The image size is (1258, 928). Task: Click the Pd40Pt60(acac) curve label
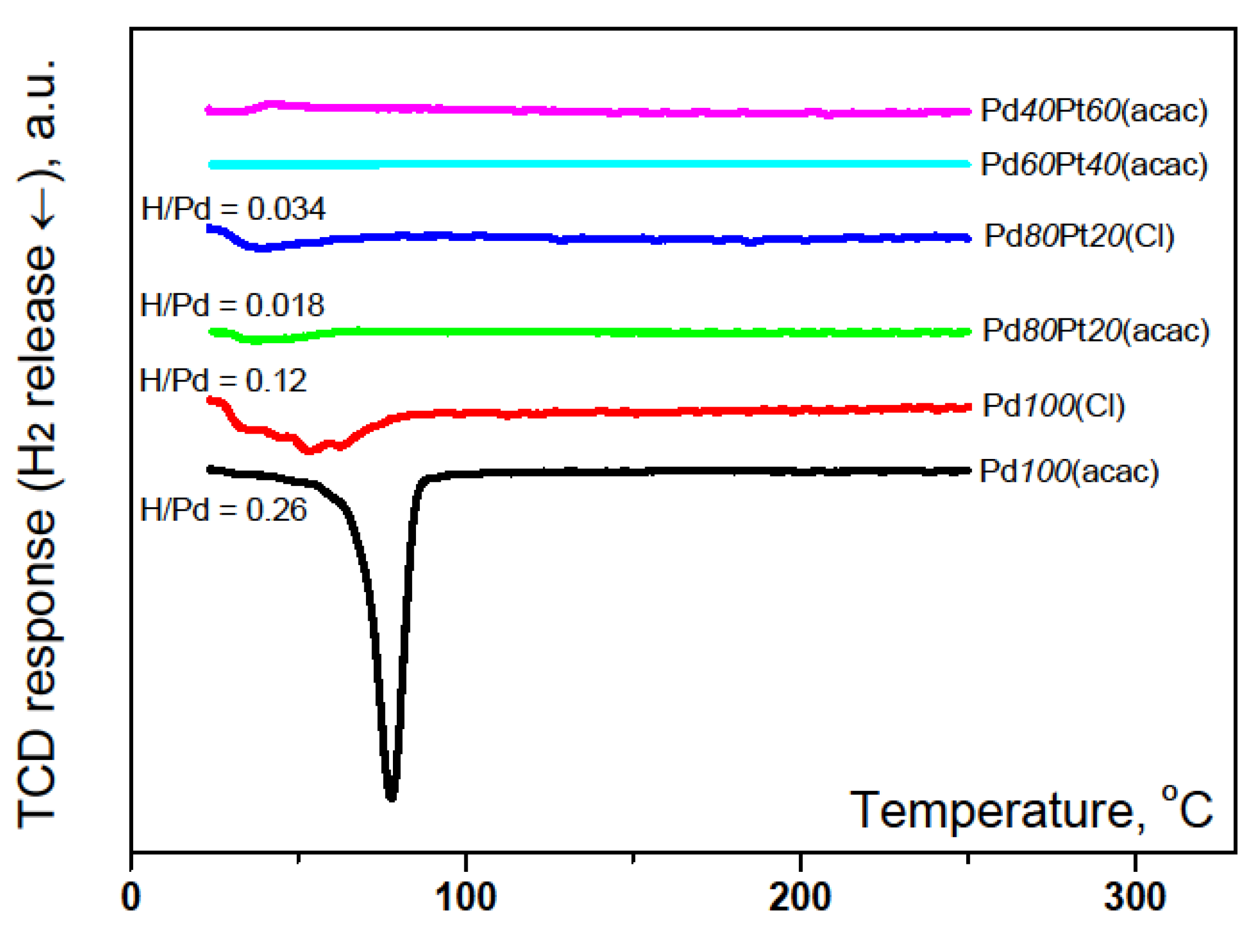click(x=1093, y=111)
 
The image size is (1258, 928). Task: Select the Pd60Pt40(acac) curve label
click(x=1093, y=165)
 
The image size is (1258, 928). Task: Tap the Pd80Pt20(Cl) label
click(x=1079, y=236)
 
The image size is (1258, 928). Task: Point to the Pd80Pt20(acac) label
click(x=1095, y=330)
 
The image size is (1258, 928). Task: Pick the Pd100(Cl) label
click(x=1053, y=406)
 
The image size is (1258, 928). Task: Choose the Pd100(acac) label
click(x=1069, y=471)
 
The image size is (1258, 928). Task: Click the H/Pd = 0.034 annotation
click(x=233, y=209)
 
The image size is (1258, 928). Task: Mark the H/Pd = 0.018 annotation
click(x=232, y=306)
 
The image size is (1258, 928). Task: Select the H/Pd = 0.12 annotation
click(x=223, y=381)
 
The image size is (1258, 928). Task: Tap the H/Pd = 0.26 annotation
click(x=223, y=510)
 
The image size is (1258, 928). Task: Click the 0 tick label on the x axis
click(x=131, y=897)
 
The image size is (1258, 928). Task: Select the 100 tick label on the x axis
click(x=466, y=897)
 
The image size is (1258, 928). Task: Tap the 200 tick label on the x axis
click(x=800, y=897)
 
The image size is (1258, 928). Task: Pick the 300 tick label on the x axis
click(x=1135, y=897)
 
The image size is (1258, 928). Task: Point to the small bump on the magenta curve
click(x=274, y=104)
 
